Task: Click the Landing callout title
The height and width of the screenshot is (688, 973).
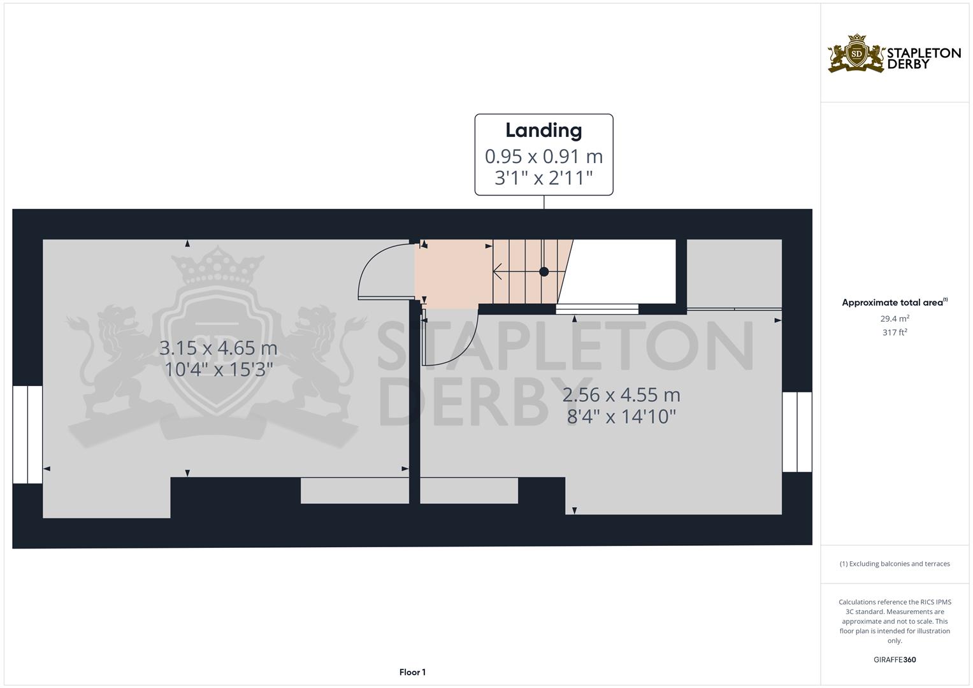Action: coord(544,131)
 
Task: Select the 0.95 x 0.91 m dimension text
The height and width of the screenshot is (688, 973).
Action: coord(544,156)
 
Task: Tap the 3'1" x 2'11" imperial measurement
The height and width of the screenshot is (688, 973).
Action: coord(544,178)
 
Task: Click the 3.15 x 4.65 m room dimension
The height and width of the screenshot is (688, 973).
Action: coord(218,348)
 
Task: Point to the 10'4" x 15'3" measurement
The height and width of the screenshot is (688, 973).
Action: coord(218,369)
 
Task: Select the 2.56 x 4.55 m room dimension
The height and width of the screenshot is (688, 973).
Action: coord(621,395)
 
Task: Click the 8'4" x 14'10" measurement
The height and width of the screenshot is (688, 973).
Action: coord(621,417)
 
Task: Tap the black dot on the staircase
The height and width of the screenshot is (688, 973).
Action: coord(544,271)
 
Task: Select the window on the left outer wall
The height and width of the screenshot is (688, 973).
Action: coord(27,434)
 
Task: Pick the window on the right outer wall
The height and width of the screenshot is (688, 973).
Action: coord(797,432)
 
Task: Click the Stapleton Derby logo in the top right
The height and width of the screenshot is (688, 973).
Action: coord(894,55)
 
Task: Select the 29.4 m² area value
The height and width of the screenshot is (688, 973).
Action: coord(895,318)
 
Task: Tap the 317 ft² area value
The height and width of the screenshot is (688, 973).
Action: coord(895,332)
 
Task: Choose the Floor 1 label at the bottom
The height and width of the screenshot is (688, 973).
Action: coord(412,672)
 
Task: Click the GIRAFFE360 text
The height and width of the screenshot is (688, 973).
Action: coord(895,660)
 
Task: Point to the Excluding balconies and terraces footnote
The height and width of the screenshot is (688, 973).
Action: coord(895,564)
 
